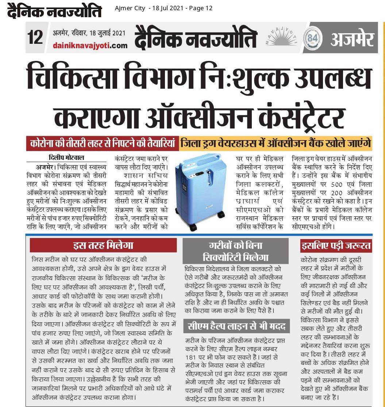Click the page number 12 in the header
(35, 37)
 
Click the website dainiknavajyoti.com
(90, 45)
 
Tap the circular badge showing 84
(313, 38)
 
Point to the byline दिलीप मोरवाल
(66, 158)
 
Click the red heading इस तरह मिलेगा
(103, 245)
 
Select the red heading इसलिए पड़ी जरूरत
(336, 245)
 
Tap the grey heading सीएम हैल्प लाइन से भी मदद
(236, 326)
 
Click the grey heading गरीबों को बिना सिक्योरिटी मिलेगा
(235, 251)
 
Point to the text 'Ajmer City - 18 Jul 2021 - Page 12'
(163, 8)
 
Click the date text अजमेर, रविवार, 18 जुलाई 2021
(89, 33)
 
